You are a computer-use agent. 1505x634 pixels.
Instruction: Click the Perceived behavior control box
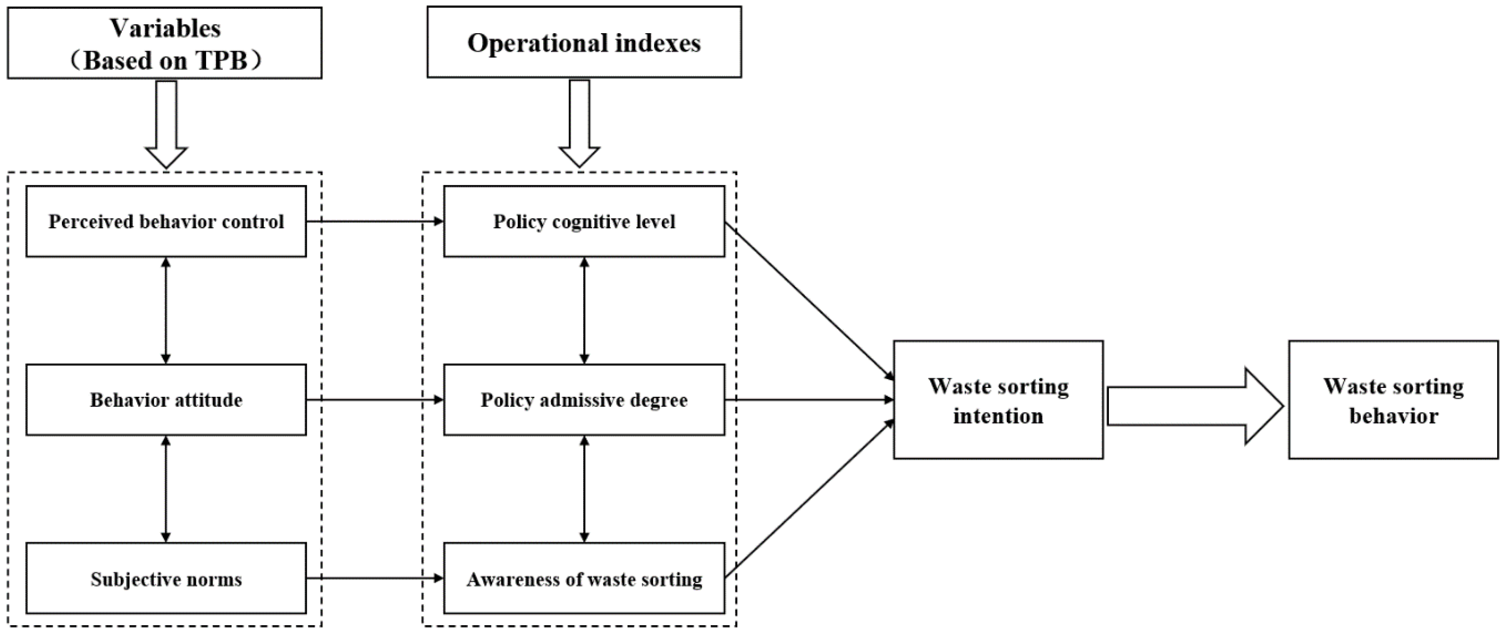point(166,221)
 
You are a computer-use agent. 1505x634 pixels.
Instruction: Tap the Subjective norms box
point(166,579)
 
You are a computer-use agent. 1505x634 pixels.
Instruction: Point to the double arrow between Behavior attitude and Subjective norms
point(166,489)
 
